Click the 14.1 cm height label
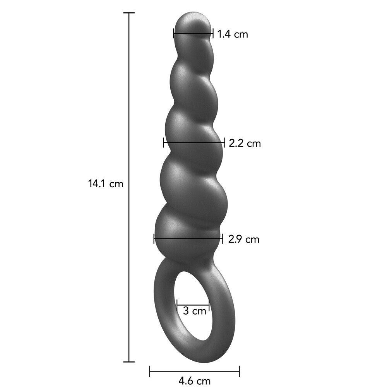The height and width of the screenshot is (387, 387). coord(105,184)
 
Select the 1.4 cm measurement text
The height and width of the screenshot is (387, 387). coord(232,34)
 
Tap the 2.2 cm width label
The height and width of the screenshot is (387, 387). coord(245,144)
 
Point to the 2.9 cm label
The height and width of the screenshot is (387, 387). coord(243,239)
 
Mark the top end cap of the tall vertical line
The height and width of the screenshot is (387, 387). coord(129,13)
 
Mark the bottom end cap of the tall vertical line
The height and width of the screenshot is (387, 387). coord(129,362)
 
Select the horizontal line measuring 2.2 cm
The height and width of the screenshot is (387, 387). coord(194,142)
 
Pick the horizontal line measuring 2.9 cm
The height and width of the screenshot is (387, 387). coord(188,238)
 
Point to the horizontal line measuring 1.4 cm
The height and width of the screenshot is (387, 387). coord(193,33)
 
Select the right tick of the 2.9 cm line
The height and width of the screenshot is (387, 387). coord(222,238)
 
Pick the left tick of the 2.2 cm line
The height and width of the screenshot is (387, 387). coord(164,142)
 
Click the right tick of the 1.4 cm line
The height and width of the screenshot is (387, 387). coord(212,33)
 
